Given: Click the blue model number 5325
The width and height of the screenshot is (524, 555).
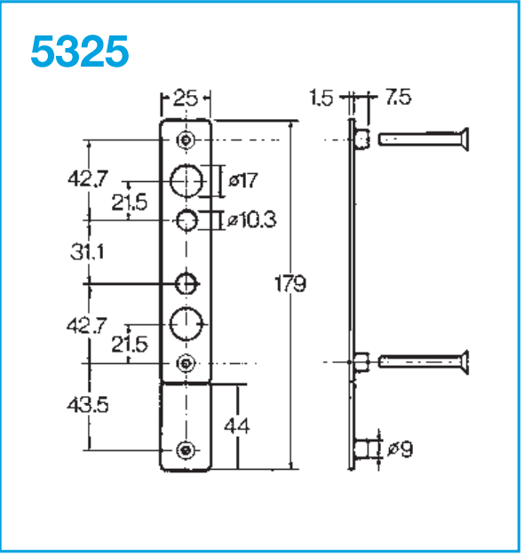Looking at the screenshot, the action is [80, 51].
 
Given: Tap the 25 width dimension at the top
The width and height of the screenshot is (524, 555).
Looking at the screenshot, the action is [186, 98].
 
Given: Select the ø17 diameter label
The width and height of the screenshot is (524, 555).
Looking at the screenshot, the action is [243, 180].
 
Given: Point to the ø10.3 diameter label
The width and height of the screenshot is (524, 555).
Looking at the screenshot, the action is [251, 220].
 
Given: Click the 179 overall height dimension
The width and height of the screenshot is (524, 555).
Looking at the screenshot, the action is [290, 283].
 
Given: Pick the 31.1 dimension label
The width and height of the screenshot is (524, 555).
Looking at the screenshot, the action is [87, 252].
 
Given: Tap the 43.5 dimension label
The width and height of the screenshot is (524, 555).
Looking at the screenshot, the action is [87, 405].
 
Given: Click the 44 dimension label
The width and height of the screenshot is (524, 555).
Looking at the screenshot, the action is [237, 426].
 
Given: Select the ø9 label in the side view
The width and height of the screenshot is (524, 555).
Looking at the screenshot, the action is [401, 448].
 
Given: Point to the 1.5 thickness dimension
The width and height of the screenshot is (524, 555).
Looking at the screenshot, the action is [322, 98].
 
